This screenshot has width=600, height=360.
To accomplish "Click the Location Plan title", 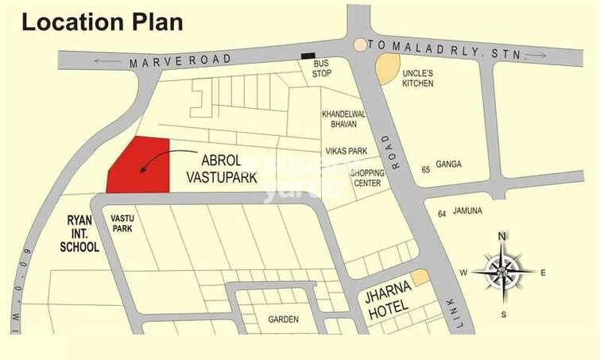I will pyautogui.click(x=102, y=21).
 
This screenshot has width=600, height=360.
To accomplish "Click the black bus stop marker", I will pyautogui.click(x=308, y=56).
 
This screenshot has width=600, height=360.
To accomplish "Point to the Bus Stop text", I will pyautogui.click(x=322, y=68).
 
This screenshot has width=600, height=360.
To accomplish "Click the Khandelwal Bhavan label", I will pyautogui.click(x=343, y=119).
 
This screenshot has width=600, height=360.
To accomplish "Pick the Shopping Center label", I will pyautogui.click(x=367, y=178).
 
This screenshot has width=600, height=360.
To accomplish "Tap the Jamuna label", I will pyautogui.click(x=468, y=211).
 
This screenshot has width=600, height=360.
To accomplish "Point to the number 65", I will pyautogui.click(x=426, y=169).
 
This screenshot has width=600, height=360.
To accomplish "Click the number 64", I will pyautogui.click(x=441, y=215).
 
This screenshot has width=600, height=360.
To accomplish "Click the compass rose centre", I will pyautogui.click(x=502, y=272).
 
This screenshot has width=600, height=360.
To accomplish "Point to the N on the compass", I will pyautogui.click(x=501, y=236).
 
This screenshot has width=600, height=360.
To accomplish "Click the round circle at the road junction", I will pyautogui.click(x=360, y=45).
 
